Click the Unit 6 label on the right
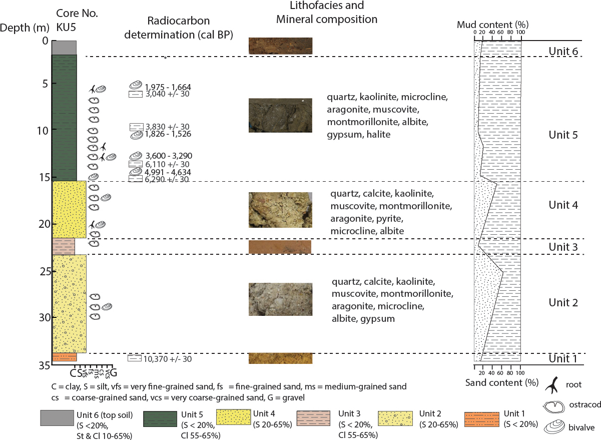pos(563,51)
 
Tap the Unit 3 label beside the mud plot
pos(563,247)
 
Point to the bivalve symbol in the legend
pos(553,427)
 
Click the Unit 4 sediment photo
pos(280,210)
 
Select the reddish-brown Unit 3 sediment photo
pos(280,247)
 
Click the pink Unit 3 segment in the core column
pos(63,246)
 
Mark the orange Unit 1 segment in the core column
pos(64,357)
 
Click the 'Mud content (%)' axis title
pos(493,24)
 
